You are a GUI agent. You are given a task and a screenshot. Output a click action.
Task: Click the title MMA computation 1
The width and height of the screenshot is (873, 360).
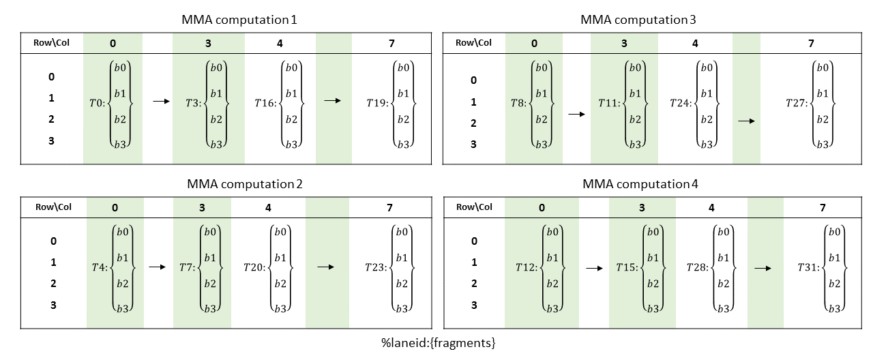pos(239,20)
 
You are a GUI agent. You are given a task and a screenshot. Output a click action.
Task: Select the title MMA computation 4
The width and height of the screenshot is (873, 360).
pos(640,184)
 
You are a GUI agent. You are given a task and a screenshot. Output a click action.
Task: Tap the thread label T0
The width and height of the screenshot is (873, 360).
pos(98,103)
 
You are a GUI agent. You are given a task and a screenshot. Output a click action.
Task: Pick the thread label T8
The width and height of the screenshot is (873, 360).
pos(518,103)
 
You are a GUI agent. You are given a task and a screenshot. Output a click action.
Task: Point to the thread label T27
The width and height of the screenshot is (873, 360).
pos(797,103)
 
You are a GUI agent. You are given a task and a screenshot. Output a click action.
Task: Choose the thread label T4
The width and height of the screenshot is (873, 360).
pos(100,268)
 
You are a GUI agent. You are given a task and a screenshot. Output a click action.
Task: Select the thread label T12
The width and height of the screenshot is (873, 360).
pos(527,268)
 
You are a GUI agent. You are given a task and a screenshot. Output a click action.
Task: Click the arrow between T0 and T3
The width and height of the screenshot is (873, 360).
pos(161,102)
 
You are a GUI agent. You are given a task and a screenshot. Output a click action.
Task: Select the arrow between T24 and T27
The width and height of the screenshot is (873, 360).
pos(747,121)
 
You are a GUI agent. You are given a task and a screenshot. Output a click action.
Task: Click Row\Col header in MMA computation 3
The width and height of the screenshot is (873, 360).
pos(473,43)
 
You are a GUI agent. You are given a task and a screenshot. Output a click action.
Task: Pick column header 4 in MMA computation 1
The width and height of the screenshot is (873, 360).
pos(280,44)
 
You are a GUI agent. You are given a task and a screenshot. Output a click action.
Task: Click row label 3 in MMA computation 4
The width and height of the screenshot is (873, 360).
pos(474,305)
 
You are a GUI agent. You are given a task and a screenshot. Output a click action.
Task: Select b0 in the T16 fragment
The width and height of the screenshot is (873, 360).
pos(291,67)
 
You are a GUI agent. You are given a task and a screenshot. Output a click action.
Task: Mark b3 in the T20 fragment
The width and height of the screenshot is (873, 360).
pos(280,308)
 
